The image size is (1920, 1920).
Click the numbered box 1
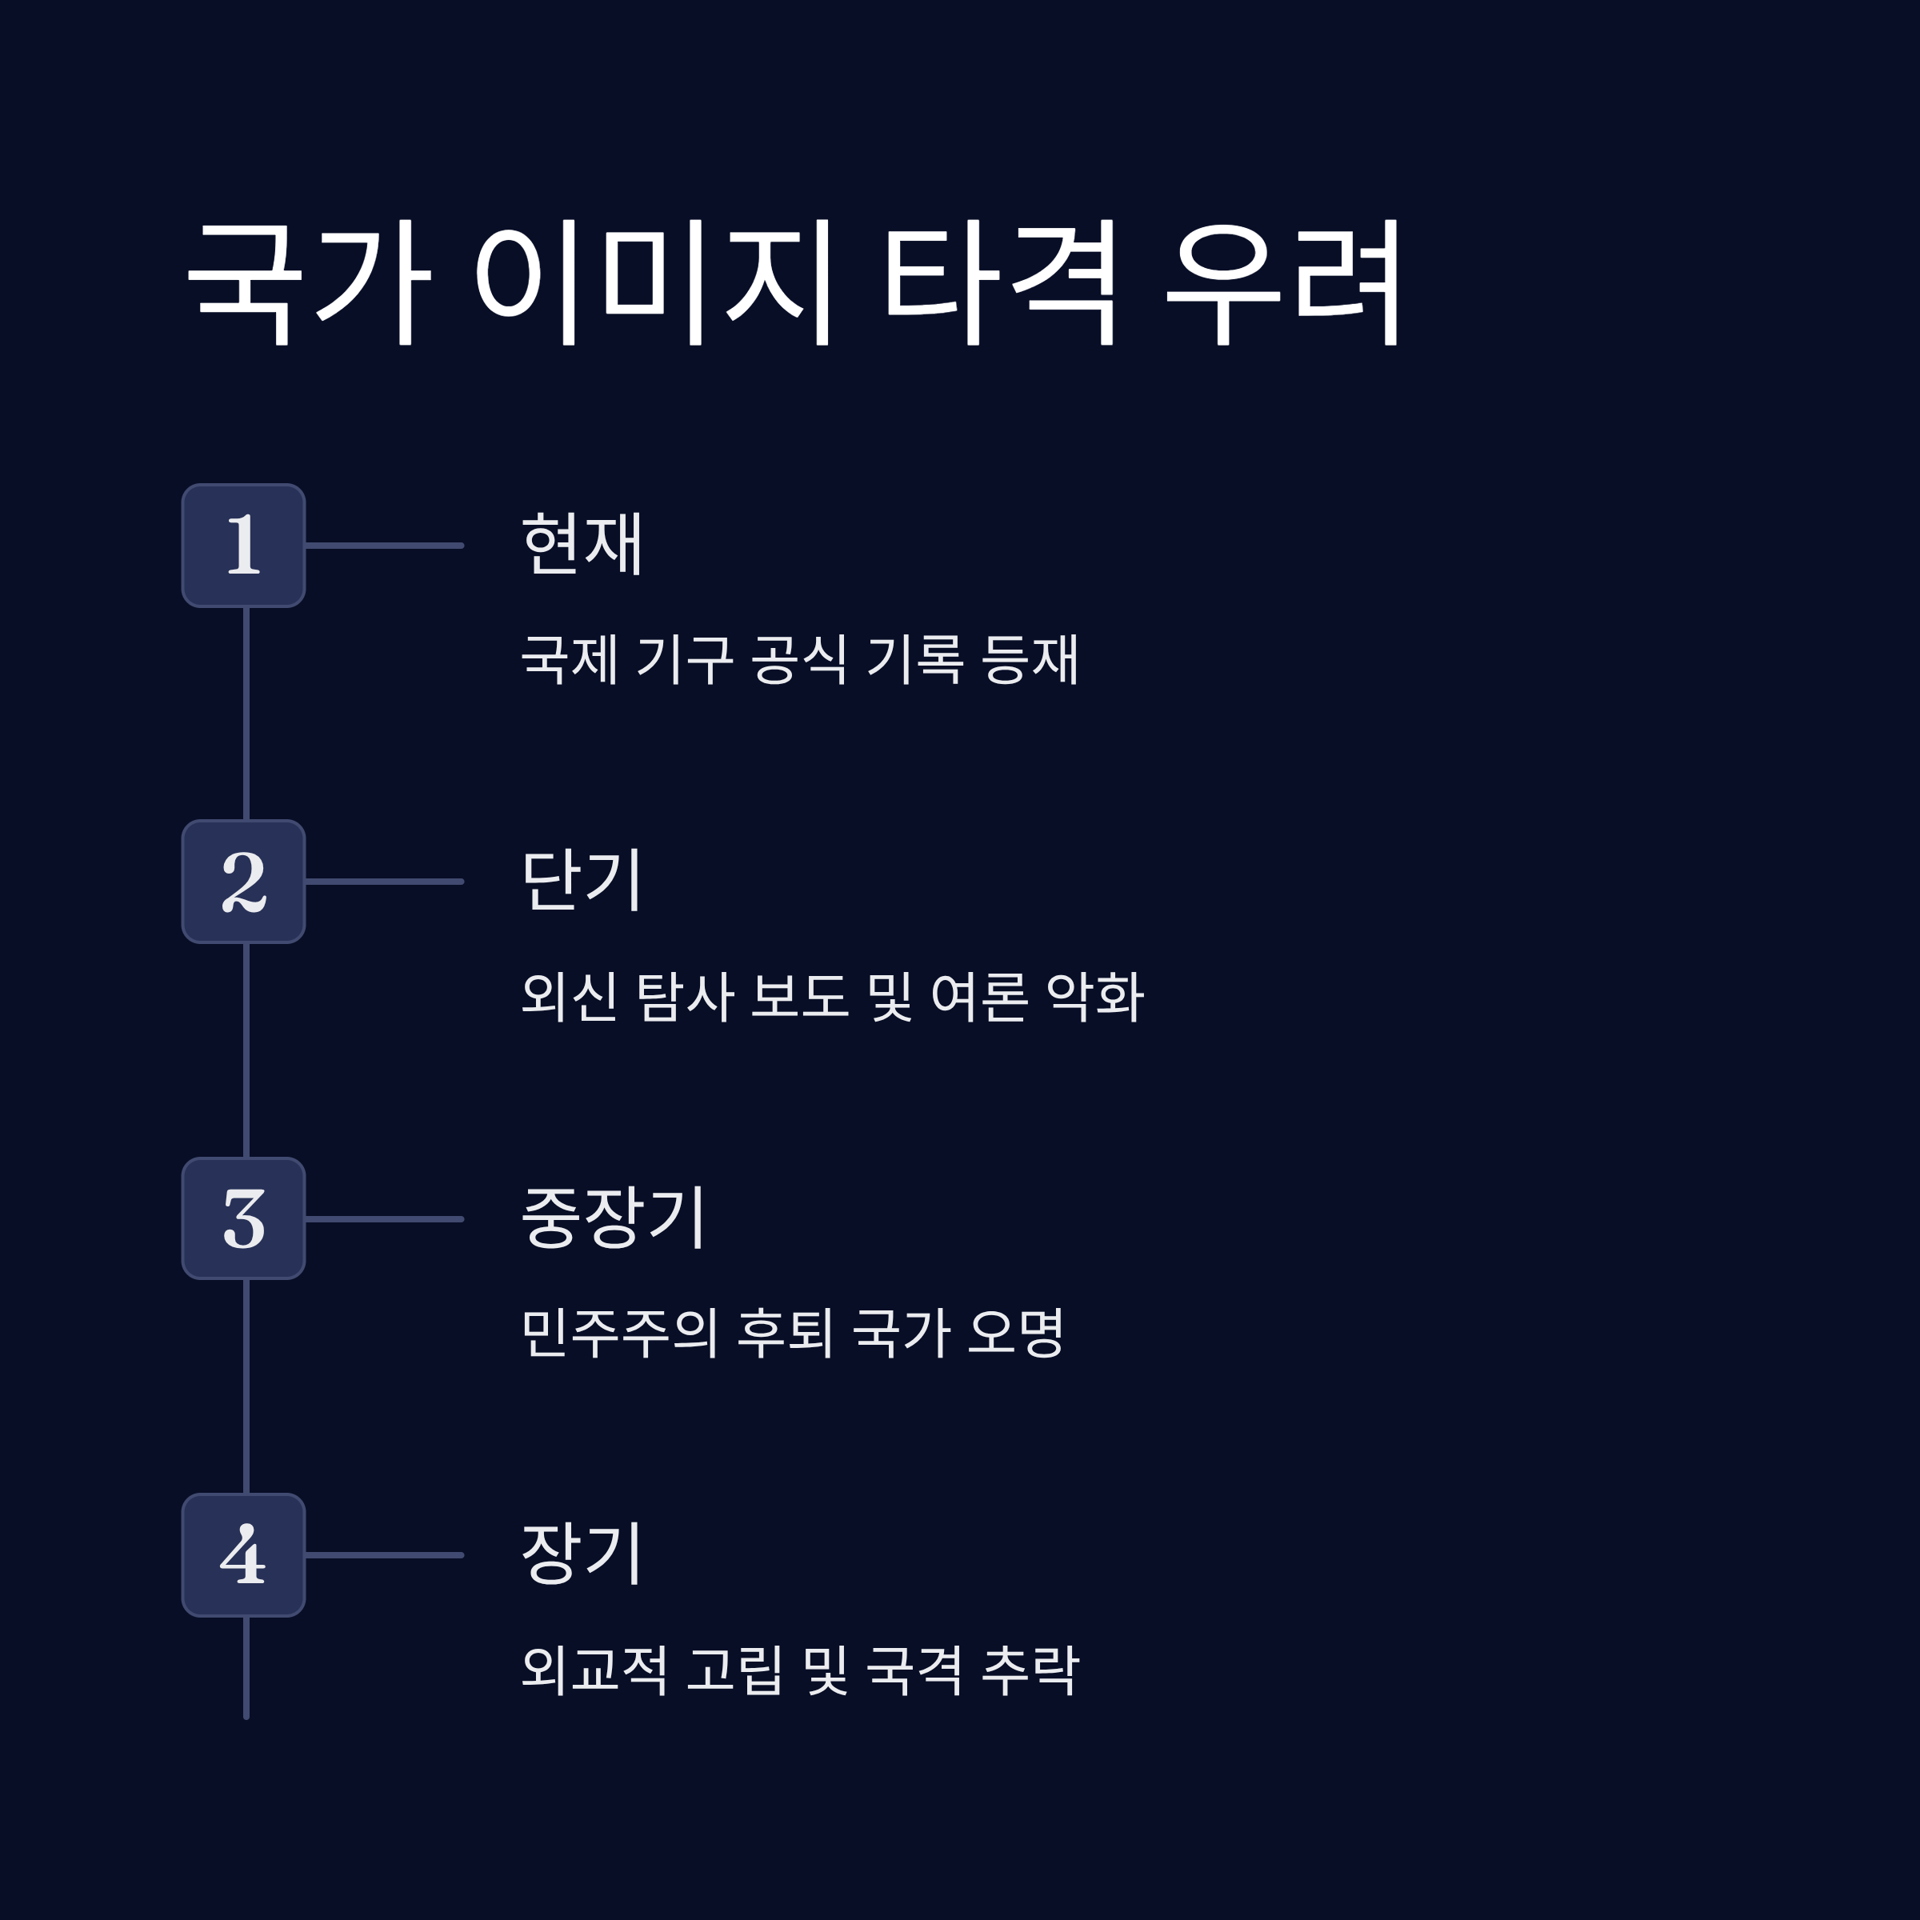point(243,546)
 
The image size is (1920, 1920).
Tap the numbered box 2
point(243,882)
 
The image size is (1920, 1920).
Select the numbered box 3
point(243,1218)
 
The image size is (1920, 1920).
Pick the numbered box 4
point(243,1555)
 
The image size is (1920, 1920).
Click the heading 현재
point(582,544)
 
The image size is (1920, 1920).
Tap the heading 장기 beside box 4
point(582,1554)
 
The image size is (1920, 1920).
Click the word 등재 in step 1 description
point(1030,659)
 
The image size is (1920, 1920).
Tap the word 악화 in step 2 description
point(1095,996)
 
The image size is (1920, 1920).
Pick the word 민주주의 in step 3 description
point(619,1333)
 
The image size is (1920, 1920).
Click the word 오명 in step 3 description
point(1016,1333)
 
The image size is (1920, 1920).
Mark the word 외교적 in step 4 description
point(594,1670)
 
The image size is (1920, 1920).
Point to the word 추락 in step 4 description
point(1030,1670)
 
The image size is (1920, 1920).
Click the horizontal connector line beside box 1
point(385,546)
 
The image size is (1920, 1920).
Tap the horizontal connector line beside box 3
point(385,1218)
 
